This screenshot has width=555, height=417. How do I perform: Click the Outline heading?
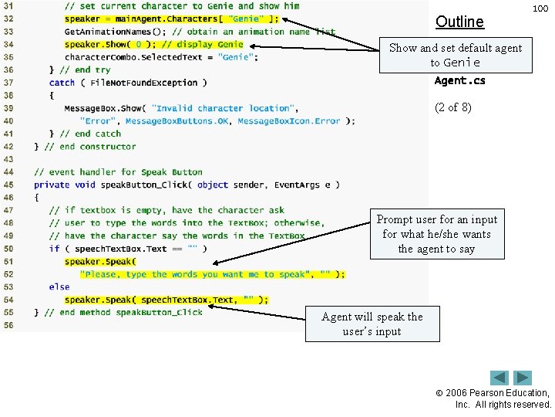[459, 22]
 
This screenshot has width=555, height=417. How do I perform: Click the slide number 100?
[540, 8]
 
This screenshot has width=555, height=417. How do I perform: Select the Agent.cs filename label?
[460, 80]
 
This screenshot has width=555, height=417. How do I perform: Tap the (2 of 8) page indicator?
[453, 107]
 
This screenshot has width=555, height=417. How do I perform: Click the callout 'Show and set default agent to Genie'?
[455, 55]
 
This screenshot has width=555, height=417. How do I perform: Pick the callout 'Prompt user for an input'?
[436, 234]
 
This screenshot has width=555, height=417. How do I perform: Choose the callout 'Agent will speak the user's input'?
[372, 324]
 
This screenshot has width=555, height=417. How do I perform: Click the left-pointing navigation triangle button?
[499, 378]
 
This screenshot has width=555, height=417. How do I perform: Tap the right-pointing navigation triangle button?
[523, 378]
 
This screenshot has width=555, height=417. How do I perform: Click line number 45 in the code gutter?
[8, 185]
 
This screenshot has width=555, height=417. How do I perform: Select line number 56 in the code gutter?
[8, 325]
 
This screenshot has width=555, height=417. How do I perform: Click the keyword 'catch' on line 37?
[62, 83]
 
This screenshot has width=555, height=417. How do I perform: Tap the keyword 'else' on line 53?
[59, 286]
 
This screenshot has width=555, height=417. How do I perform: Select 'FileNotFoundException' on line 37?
[144, 83]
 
